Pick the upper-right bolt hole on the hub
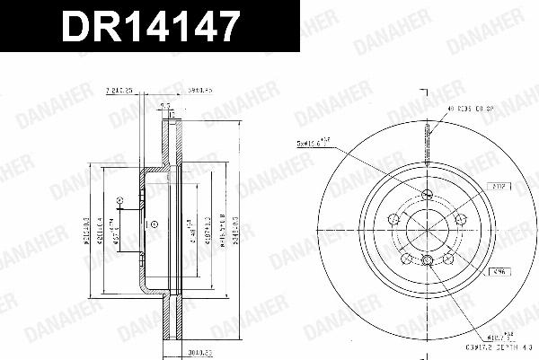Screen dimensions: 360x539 click(x=460, y=219)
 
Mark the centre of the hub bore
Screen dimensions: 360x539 click(x=428, y=231)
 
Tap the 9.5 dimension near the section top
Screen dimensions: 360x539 click(x=163, y=107)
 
